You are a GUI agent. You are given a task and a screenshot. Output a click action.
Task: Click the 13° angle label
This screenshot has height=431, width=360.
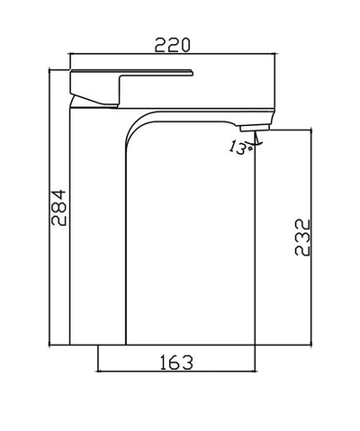click(x=239, y=148)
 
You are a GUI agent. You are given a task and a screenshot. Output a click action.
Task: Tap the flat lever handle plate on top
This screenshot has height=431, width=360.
click(x=130, y=69)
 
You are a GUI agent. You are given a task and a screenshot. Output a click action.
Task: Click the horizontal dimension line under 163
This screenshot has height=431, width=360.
click(x=176, y=373)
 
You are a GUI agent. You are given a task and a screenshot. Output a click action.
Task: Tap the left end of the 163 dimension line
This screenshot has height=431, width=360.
click(x=96, y=373)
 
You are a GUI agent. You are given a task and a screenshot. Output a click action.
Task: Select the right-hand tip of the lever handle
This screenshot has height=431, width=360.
click(x=193, y=70)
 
